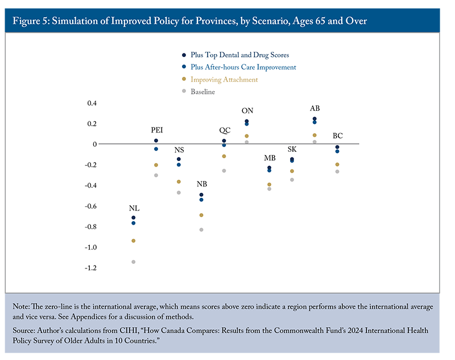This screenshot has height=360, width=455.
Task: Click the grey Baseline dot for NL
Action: [x=134, y=262]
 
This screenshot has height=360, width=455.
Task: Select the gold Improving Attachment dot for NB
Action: [x=201, y=216]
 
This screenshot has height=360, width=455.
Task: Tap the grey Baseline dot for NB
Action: [x=201, y=230]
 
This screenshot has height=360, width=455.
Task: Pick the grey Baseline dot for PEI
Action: [x=156, y=175]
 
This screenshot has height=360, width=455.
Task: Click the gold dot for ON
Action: [x=247, y=136]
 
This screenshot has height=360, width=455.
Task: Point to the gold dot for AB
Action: [x=315, y=135]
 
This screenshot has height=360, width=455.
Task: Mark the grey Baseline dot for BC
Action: [x=337, y=172]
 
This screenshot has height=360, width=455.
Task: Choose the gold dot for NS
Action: [x=179, y=182]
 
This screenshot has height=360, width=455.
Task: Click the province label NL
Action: [x=134, y=208]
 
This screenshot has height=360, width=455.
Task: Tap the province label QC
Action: [x=224, y=130]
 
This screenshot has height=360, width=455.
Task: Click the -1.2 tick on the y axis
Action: [x=88, y=268]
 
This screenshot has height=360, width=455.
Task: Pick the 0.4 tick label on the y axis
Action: [x=90, y=104]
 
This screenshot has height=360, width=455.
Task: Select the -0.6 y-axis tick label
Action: [x=88, y=206]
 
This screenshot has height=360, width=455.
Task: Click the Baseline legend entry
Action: [x=202, y=92]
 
